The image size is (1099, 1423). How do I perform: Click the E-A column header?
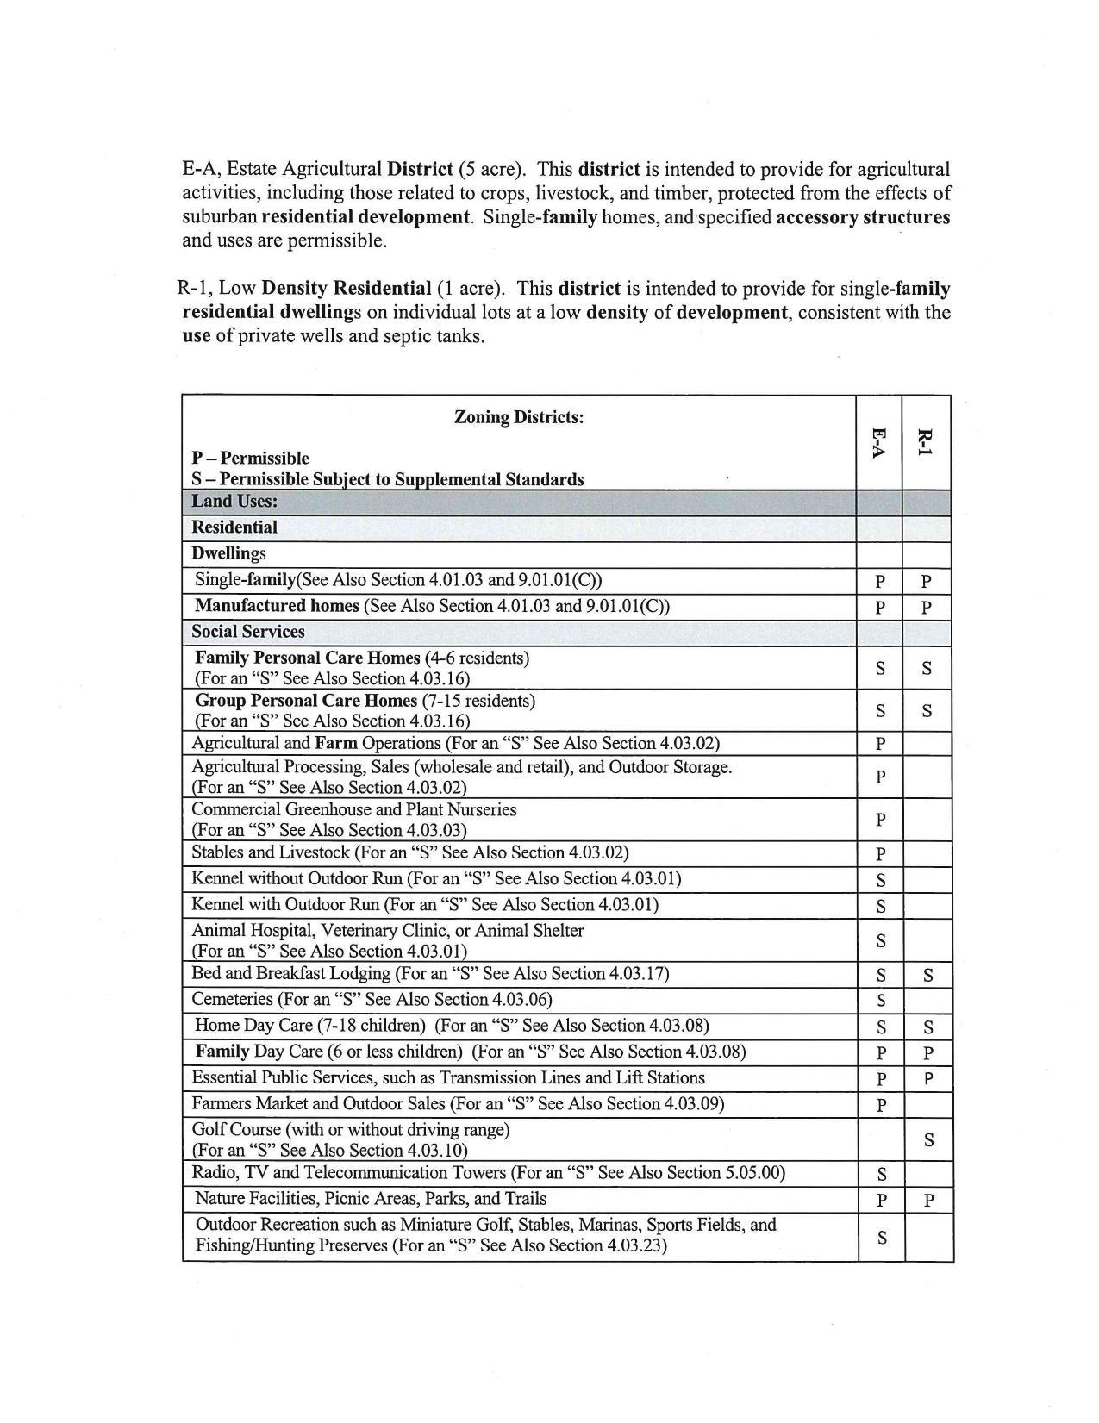[x=878, y=442]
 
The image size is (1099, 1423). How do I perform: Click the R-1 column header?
[x=926, y=442]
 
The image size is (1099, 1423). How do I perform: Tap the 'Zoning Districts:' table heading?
[x=519, y=417]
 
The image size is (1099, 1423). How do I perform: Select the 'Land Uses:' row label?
[x=234, y=502]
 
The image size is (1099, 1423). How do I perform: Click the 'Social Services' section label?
[x=248, y=632]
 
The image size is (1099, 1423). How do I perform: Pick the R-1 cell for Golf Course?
[x=928, y=1139]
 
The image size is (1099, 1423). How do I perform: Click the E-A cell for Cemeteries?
[x=881, y=1001]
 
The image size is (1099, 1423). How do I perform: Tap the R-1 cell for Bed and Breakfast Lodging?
[x=927, y=976]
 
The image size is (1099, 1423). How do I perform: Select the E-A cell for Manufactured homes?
[x=880, y=608]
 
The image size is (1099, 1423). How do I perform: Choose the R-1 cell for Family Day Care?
[x=927, y=1053]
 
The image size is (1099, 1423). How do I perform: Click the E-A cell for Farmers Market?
[x=881, y=1106]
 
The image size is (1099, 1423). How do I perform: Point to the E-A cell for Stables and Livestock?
[x=881, y=855]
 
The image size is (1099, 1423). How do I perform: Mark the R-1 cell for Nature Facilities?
[x=928, y=1201]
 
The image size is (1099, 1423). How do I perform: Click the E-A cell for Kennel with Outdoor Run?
[x=881, y=907]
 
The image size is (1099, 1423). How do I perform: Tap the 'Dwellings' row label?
[x=229, y=553]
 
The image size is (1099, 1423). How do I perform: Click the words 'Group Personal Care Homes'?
[x=306, y=701]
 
